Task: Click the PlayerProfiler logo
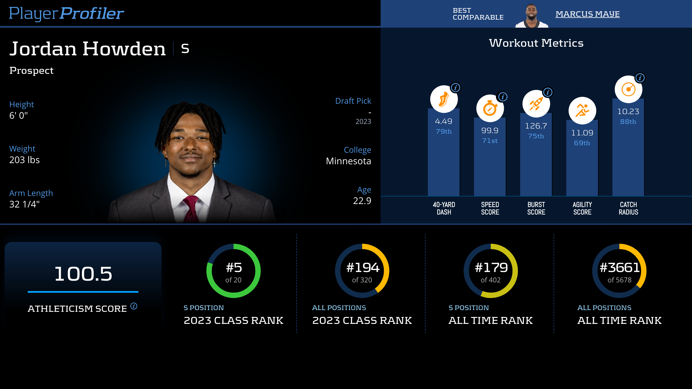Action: (66, 14)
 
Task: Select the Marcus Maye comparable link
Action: (587, 14)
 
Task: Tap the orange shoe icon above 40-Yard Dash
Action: (443, 99)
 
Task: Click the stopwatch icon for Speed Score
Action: (490, 109)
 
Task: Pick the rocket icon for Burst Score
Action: (536, 104)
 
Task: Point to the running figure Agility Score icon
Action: (582, 111)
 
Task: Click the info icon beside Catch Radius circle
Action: (640, 78)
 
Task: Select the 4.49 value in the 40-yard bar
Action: (443, 121)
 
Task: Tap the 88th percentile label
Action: (628, 122)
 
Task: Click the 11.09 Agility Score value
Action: (582, 133)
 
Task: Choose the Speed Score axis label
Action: (490, 208)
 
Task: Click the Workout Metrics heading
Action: (536, 43)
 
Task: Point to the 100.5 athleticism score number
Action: (83, 274)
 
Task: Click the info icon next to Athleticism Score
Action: (134, 306)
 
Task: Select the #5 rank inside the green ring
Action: (234, 268)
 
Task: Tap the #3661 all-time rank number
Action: (619, 268)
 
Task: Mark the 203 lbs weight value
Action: (25, 160)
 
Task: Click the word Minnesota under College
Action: (348, 161)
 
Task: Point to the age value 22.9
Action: (362, 201)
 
